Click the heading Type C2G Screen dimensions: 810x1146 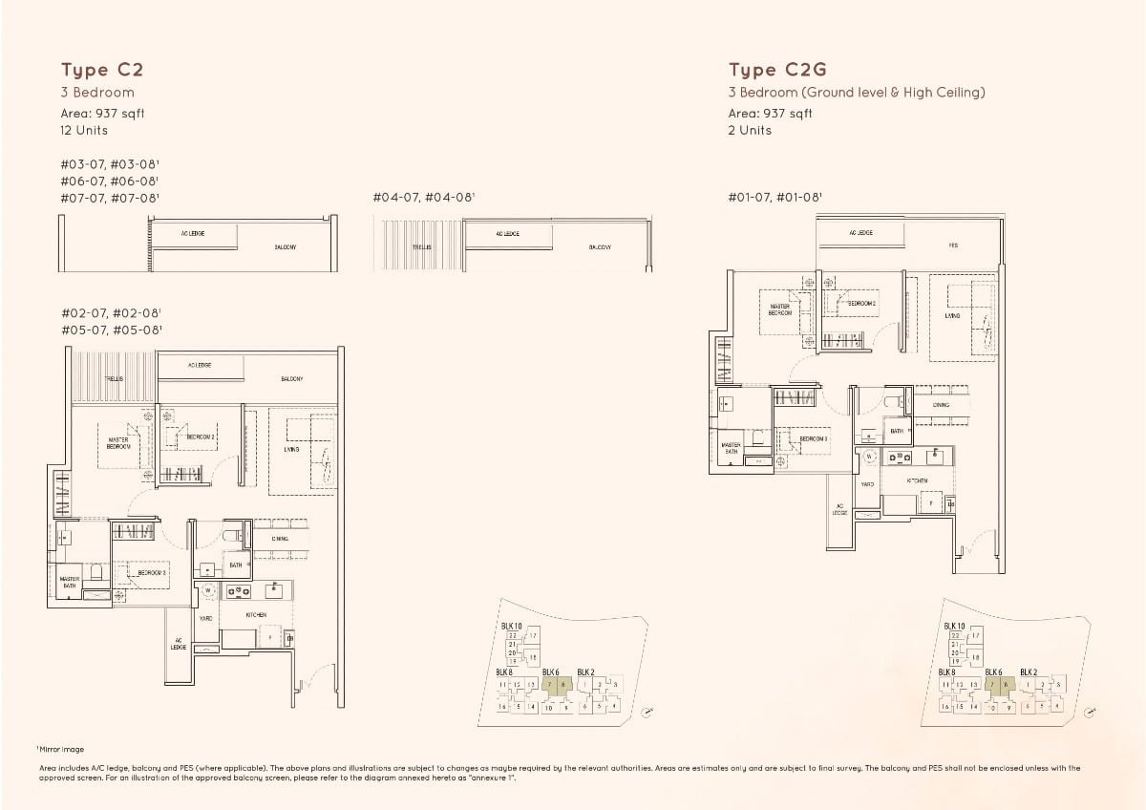pyautogui.click(x=776, y=70)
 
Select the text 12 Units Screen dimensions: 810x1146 pyautogui.click(x=84, y=130)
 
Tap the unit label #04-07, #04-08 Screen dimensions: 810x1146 pyautogui.click(x=423, y=198)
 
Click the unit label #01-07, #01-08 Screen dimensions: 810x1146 pyautogui.click(x=775, y=198)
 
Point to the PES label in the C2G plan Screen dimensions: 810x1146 pyautogui.click(x=953, y=245)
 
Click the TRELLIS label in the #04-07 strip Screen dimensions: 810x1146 pyautogui.click(x=421, y=246)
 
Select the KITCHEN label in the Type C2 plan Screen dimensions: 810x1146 pyautogui.click(x=256, y=615)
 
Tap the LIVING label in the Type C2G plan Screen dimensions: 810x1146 pyautogui.click(x=952, y=315)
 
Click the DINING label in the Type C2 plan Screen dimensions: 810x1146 pyautogui.click(x=280, y=539)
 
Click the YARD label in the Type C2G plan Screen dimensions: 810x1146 pyautogui.click(x=867, y=484)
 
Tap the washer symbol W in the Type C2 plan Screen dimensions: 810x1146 pyautogui.click(x=207, y=591)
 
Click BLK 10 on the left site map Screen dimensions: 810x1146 pyautogui.click(x=511, y=626)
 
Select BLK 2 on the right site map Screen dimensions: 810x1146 pyautogui.click(x=1029, y=672)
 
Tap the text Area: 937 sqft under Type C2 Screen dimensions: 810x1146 pyautogui.click(x=102, y=112)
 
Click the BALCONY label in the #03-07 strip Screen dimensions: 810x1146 pyautogui.click(x=285, y=246)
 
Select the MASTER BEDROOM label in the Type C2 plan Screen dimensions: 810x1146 pyautogui.click(x=117, y=443)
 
